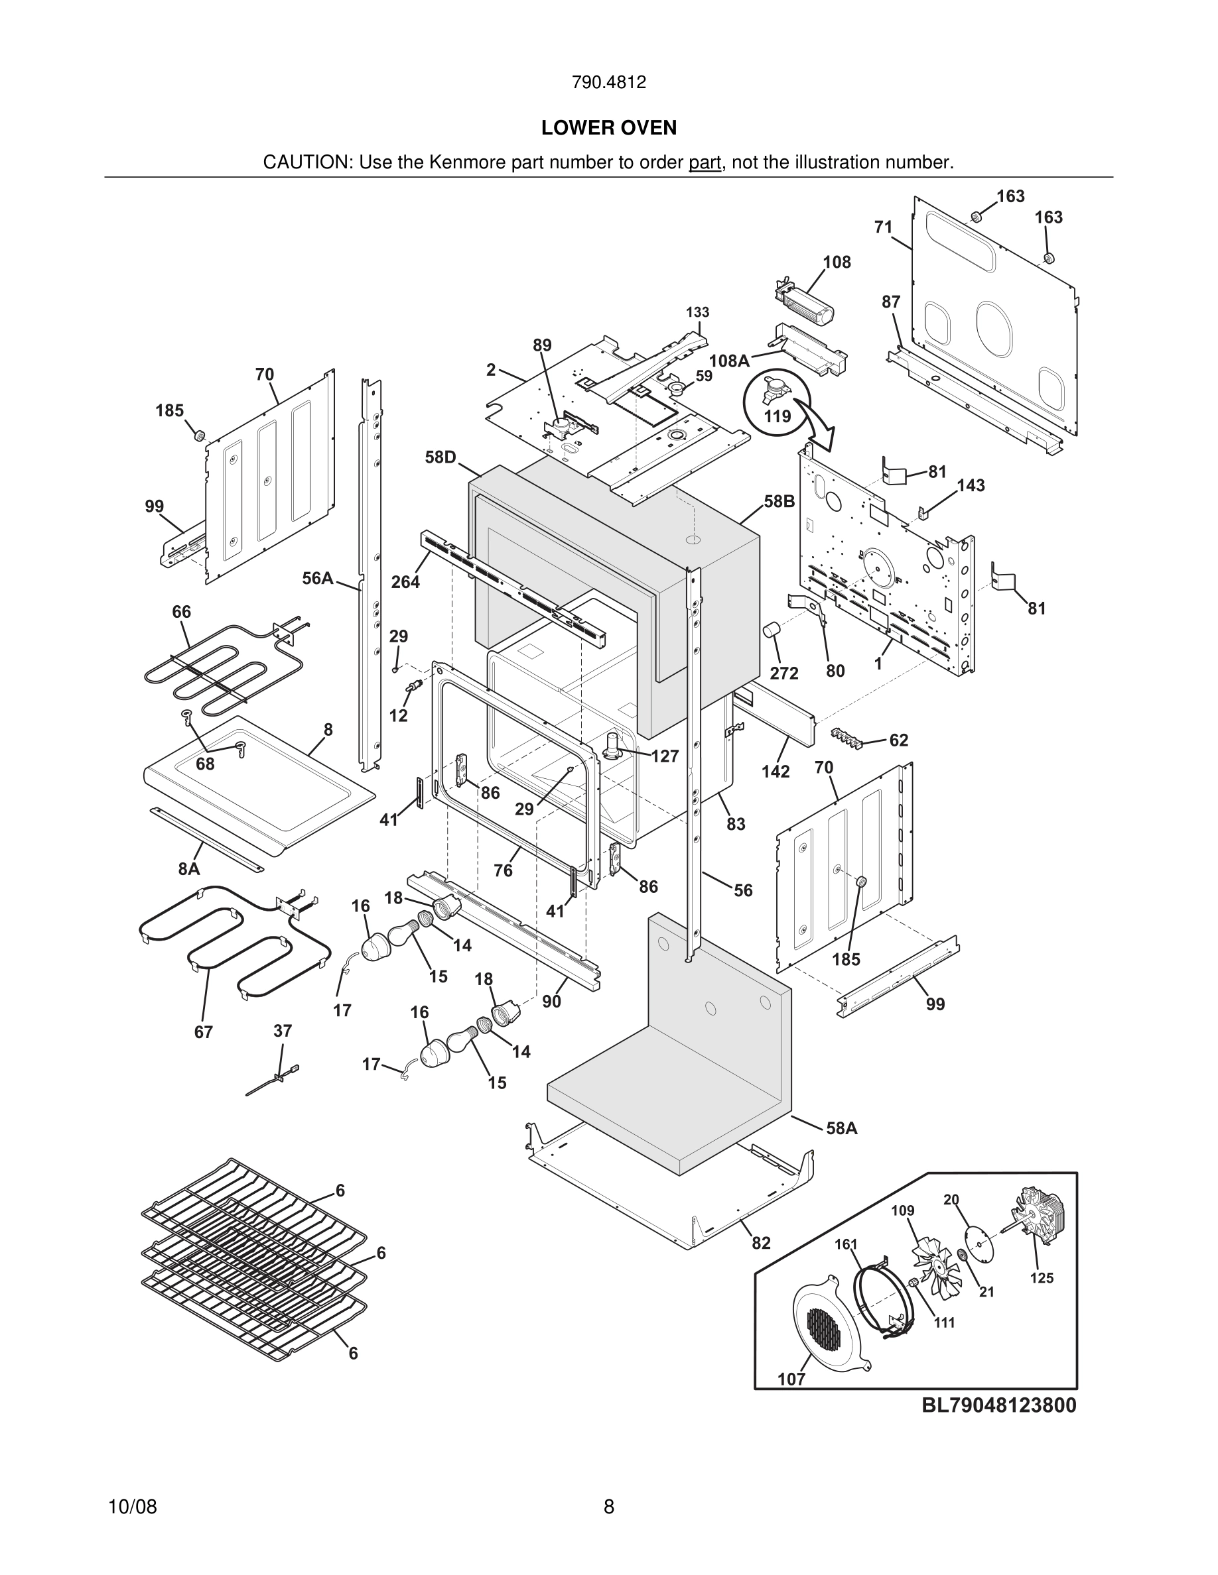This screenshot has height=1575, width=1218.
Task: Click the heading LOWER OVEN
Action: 608,128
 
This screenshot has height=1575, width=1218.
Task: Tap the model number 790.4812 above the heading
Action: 608,82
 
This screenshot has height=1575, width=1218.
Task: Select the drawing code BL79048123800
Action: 998,1405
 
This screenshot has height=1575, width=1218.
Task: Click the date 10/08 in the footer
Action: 132,1507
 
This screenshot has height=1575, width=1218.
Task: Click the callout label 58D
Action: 440,457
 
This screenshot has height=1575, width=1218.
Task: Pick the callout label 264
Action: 405,581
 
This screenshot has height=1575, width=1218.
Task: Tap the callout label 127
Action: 665,756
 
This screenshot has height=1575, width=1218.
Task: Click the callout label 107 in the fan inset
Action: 791,1379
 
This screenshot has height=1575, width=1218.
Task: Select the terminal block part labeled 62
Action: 848,736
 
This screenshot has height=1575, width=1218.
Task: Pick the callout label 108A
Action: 729,361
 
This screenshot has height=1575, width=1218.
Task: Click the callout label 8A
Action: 189,869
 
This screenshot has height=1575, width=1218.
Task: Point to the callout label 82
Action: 762,1242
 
